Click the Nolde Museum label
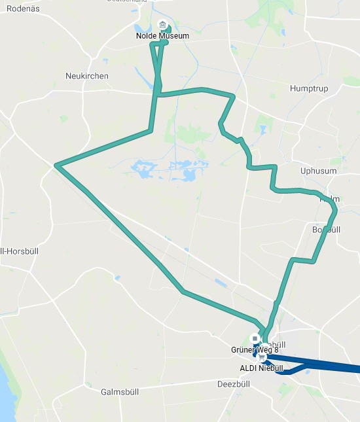pyautogui.click(x=162, y=36)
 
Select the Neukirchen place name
pyautogui.click(x=87, y=76)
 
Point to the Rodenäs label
pyautogui.click(x=20, y=9)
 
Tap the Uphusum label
pyautogui.click(x=318, y=171)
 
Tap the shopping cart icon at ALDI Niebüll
pyautogui.click(x=262, y=359)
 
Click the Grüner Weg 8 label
pyautogui.click(x=251, y=349)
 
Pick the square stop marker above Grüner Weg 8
pyautogui.click(x=255, y=339)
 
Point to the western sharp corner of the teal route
pyautogui.click(x=57, y=166)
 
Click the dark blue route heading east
pyautogui.click(x=327, y=365)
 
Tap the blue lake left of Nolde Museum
pyautogui.click(x=142, y=29)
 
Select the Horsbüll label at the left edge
pyautogui.click(x=13, y=251)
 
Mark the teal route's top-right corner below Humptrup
pyautogui.click(x=233, y=97)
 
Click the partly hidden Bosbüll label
pyautogui.click(x=327, y=230)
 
